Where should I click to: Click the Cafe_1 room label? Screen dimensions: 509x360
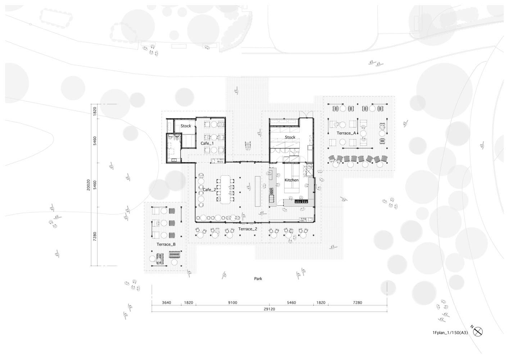point(207,143)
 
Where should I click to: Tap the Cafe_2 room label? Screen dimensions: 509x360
point(209,190)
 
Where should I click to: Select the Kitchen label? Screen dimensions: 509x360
point(291,180)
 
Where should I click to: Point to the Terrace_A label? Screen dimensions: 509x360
point(346,133)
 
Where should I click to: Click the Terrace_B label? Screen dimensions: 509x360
point(166,244)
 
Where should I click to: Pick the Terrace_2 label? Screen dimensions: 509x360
point(248,229)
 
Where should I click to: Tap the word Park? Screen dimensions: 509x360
point(258,279)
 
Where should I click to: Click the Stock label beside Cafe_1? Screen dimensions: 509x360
point(186,126)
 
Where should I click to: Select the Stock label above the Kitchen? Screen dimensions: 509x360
point(290,137)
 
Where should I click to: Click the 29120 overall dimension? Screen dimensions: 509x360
point(269,309)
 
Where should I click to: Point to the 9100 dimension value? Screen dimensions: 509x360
point(233,303)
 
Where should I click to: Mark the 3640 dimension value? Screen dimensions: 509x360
point(166,303)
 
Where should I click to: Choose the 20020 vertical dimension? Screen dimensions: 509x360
point(88,185)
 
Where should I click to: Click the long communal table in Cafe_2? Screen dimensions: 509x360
point(225,189)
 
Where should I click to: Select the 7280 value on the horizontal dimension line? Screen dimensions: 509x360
point(358,303)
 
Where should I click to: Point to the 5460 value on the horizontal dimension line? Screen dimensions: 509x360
point(291,303)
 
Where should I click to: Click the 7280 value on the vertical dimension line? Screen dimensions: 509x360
point(95,236)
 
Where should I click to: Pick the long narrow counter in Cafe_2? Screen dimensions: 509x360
point(258,191)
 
